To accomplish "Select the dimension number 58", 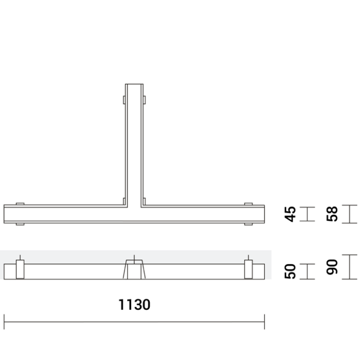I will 332,214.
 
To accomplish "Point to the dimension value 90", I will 332,267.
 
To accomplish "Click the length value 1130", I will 134,305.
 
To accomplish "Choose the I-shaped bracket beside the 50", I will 308,271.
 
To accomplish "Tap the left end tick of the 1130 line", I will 5,322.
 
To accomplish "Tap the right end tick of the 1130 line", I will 264,322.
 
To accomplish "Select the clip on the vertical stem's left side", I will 123,100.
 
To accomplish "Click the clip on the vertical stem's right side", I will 144,100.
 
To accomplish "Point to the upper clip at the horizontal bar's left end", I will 20,203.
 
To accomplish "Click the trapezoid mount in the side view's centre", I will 134,269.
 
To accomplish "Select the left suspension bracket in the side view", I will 20,269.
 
